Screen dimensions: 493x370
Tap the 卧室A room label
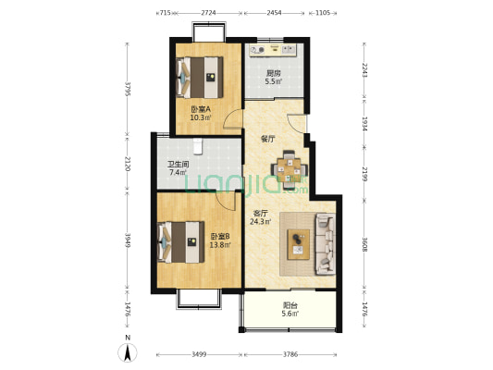(x=201, y=109)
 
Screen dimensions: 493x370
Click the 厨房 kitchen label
(x=274, y=73)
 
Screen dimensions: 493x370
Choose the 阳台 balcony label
(x=290, y=305)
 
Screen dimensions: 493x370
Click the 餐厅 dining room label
(x=268, y=139)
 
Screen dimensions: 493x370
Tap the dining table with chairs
(x=290, y=170)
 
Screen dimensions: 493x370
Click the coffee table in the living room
(x=299, y=244)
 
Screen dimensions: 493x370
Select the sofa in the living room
(x=326, y=244)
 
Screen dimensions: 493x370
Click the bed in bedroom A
(x=200, y=77)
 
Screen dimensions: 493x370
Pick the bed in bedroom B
(x=180, y=242)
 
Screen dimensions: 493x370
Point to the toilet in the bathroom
(x=197, y=146)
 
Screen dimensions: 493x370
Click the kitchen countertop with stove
(x=273, y=50)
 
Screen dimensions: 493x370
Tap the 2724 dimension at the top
(x=208, y=13)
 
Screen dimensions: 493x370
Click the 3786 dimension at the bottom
(x=290, y=354)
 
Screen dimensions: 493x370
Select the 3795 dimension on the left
(x=128, y=90)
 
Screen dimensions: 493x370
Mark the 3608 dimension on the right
(x=364, y=244)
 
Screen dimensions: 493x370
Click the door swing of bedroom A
(x=232, y=119)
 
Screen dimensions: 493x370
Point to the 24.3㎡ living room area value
(x=260, y=222)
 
